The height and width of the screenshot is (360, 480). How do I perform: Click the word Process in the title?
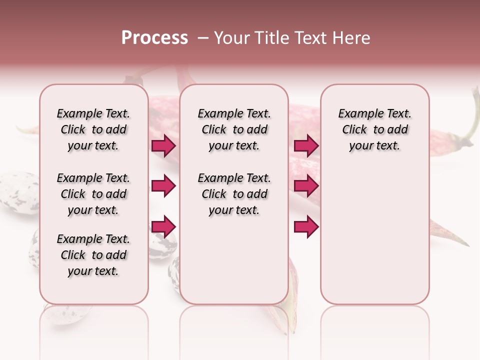tap(154, 38)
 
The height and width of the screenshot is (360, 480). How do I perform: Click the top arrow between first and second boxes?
tap(163, 146)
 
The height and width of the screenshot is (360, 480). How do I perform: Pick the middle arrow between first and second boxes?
tap(163, 186)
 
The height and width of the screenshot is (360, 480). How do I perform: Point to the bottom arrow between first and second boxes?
tap(163, 226)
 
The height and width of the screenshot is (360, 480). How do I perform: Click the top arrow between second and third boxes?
tap(306, 146)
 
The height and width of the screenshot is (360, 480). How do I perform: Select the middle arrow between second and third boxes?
tap(306, 186)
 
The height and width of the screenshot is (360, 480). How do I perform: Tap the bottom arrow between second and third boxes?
tap(306, 226)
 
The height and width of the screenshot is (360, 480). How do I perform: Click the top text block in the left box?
tap(93, 129)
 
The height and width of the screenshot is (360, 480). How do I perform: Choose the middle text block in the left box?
tap(93, 194)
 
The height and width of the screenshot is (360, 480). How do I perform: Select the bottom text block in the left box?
tap(93, 255)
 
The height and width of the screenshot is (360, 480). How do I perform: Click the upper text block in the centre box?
tap(234, 129)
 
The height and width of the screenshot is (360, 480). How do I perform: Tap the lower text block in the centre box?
tap(234, 194)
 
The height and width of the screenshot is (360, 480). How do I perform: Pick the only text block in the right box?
tap(375, 129)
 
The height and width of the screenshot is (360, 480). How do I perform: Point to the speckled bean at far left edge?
tap(17, 192)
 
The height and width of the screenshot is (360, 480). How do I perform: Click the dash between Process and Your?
tap(203, 38)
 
